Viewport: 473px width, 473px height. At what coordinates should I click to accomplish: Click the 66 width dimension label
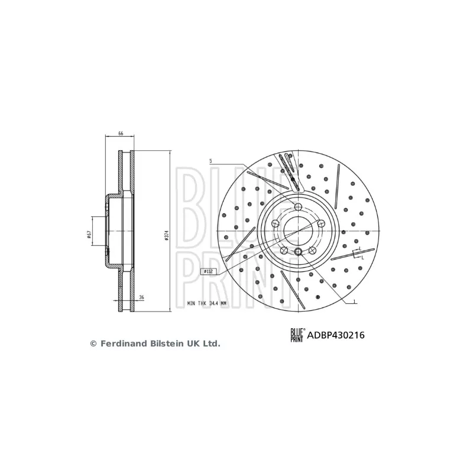(x=121, y=134)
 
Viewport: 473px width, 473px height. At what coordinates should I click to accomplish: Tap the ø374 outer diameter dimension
(x=167, y=235)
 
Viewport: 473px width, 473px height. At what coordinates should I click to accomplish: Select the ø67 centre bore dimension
(x=88, y=235)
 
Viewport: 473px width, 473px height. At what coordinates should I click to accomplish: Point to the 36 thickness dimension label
(x=141, y=297)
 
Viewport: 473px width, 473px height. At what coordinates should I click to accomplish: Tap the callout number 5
(x=210, y=161)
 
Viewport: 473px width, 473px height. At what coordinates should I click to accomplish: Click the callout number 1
(x=354, y=303)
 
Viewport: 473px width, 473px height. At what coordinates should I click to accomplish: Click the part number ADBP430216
(x=336, y=335)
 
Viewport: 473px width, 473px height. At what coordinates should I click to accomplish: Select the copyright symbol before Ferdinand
(x=92, y=343)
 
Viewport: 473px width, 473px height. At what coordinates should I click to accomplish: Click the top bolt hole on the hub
(x=299, y=206)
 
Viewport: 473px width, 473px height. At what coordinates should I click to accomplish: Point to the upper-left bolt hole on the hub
(x=276, y=223)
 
